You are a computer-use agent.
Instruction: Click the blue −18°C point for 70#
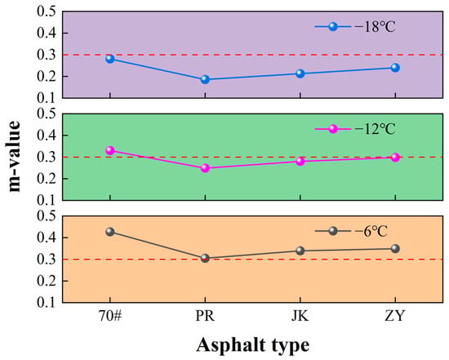(110, 59)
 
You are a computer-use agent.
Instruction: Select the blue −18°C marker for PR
(205, 79)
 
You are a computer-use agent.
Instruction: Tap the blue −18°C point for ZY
(395, 68)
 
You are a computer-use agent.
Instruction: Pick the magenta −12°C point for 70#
(110, 150)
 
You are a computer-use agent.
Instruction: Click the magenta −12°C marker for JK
(300, 162)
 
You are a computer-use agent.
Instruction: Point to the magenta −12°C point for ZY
(395, 158)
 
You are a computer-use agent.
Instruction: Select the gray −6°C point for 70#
(110, 232)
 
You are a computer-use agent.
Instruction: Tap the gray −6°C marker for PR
(205, 258)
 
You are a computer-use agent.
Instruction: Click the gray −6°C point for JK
(300, 251)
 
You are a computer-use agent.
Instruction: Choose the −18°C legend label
(376, 27)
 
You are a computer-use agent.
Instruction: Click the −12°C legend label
(376, 129)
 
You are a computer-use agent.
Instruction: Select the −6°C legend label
(371, 231)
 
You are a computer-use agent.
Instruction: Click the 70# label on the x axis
(110, 316)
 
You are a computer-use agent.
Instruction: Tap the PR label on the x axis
(205, 316)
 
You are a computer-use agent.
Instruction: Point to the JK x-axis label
(300, 316)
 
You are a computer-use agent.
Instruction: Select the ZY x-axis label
(395, 316)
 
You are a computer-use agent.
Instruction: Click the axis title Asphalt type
(253, 345)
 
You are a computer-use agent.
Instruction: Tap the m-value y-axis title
(13, 157)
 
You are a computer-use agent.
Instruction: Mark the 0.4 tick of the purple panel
(46, 33)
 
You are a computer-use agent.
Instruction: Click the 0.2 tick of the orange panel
(46, 281)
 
